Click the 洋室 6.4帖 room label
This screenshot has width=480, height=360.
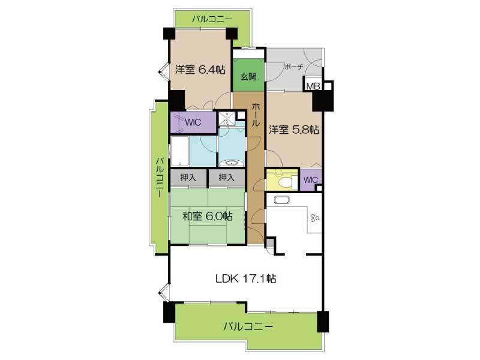coord(200,70)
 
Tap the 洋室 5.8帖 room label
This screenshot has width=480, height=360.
coord(294,130)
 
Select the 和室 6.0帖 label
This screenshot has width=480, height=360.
coord(207,216)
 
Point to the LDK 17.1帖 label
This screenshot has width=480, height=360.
coord(246,278)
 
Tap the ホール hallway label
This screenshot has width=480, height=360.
coord(256,115)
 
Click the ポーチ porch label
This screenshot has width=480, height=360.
coord(293,67)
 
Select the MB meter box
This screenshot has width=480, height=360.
coord(313,85)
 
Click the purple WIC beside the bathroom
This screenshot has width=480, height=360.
coord(193,122)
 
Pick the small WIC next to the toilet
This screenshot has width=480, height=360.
coord(311,179)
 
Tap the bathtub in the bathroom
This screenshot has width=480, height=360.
coord(179,152)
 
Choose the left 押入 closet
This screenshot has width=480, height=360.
coord(188,178)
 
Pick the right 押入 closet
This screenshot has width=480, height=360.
coord(227,178)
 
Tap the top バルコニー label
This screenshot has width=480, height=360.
coord(212,19)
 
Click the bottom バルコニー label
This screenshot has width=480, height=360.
coord(248,326)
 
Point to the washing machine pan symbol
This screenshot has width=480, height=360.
coord(227,118)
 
